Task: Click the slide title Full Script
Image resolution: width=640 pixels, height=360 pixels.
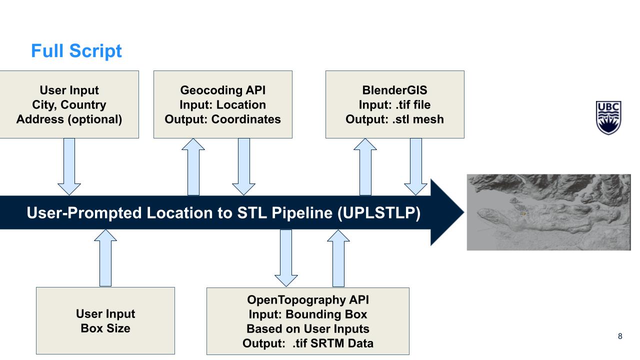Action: pos(76,51)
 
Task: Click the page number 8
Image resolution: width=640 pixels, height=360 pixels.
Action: pos(620,336)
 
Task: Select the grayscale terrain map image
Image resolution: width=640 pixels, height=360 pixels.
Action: pos(548,212)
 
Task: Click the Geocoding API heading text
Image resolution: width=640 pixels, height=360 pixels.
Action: pos(222,90)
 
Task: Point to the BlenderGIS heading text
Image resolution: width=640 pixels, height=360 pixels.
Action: pos(394,90)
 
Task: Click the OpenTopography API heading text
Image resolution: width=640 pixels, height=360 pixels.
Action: pos(307,300)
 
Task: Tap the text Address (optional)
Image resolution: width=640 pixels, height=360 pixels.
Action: pos(69,119)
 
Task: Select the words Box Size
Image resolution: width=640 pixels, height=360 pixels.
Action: pos(105,328)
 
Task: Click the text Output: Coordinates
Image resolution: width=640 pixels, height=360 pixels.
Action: pos(222,119)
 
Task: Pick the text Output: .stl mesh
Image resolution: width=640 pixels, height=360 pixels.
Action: pos(394,119)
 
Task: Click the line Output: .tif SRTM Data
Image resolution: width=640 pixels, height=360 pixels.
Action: pos(307,343)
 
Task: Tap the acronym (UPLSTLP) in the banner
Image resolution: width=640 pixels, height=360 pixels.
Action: pos(378,213)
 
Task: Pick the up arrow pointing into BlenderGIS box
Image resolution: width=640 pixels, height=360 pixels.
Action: pos(365,167)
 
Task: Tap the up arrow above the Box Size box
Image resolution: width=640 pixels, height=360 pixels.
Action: pos(105,258)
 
